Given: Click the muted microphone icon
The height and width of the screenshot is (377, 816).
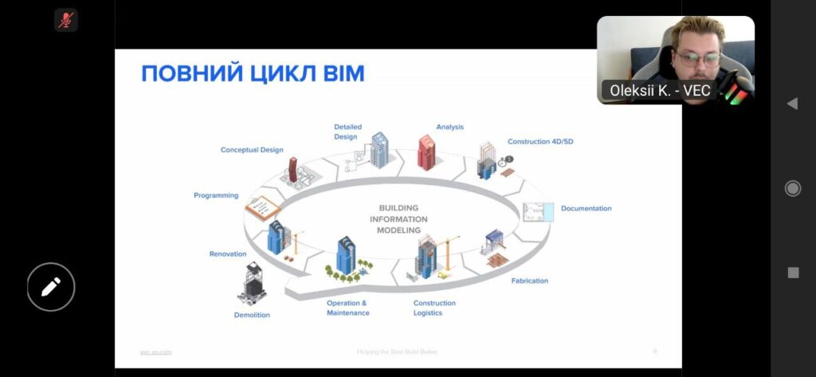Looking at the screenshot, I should [66, 20].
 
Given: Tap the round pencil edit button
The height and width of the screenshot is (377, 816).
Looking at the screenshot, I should [51, 287].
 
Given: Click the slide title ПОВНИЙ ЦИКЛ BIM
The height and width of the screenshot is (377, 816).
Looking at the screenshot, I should [253, 74].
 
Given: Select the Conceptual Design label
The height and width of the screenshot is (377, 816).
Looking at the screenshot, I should [252, 150].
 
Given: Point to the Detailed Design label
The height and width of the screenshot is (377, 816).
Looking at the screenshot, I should [346, 132].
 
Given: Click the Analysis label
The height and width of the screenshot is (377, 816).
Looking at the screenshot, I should [449, 127].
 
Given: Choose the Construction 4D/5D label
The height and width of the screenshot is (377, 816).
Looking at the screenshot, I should [540, 141].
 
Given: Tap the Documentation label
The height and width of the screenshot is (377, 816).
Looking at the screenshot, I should [586, 209].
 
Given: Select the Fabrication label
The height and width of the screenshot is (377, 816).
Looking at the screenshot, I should [529, 281].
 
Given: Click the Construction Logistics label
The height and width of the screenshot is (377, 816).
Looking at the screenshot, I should [434, 308].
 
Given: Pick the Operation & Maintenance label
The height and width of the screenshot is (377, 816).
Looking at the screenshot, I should [347, 308].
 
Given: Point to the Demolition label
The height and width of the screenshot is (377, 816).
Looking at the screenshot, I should [252, 315].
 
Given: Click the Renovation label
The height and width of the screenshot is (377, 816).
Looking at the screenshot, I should [228, 254].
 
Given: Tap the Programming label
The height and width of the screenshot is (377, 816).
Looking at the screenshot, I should [216, 195].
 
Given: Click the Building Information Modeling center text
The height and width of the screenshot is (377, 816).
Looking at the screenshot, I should [398, 219].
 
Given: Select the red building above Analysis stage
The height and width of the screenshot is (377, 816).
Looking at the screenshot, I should [428, 152].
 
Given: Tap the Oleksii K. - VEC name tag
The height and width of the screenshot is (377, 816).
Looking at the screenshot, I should [660, 90].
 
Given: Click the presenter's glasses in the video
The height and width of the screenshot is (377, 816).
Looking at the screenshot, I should [699, 58].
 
